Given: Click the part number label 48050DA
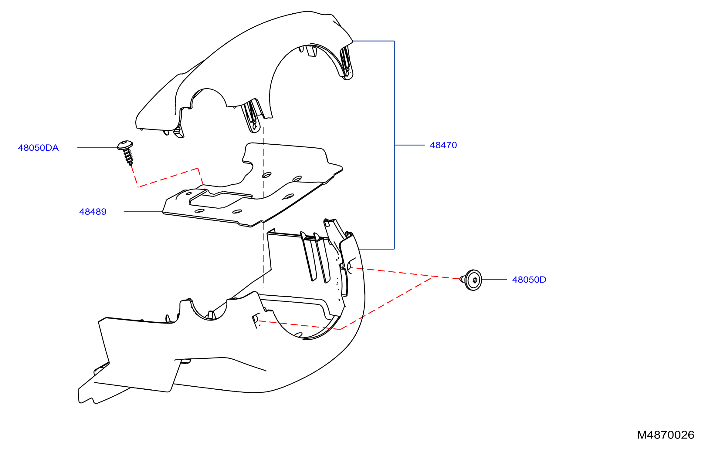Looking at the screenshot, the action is tap(38, 148).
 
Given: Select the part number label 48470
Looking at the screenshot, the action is tap(443, 145).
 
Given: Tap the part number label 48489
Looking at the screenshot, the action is tap(93, 212).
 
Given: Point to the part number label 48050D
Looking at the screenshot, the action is tap(529, 280).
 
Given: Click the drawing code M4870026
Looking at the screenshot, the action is tap(666, 435).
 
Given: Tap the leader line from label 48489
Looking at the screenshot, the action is tap(143, 211).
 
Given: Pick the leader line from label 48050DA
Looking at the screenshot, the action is tap(97, 148).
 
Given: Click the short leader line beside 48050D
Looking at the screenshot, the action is tap(494, 280).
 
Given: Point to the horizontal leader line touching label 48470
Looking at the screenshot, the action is tap(409, 145).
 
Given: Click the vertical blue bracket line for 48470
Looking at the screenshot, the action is tap(394, 145).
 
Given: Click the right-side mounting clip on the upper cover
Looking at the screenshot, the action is tap(347, 63).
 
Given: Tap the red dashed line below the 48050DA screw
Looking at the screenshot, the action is tap(168, 177).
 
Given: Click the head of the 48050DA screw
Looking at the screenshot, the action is tap(125, 145).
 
